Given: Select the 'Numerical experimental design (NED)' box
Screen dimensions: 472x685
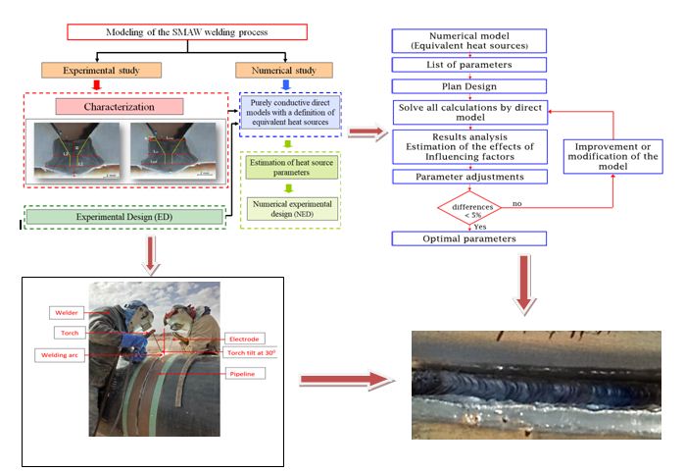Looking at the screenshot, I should click(x=291, y=210).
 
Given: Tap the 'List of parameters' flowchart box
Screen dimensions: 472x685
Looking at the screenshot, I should click(x=468, y=65).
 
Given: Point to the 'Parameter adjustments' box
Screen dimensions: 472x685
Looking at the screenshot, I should click(x=468, y=177).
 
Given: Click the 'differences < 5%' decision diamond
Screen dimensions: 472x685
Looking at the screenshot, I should click(x=468, y=207).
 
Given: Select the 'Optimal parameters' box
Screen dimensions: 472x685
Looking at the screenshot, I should click(x=468, y=237).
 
